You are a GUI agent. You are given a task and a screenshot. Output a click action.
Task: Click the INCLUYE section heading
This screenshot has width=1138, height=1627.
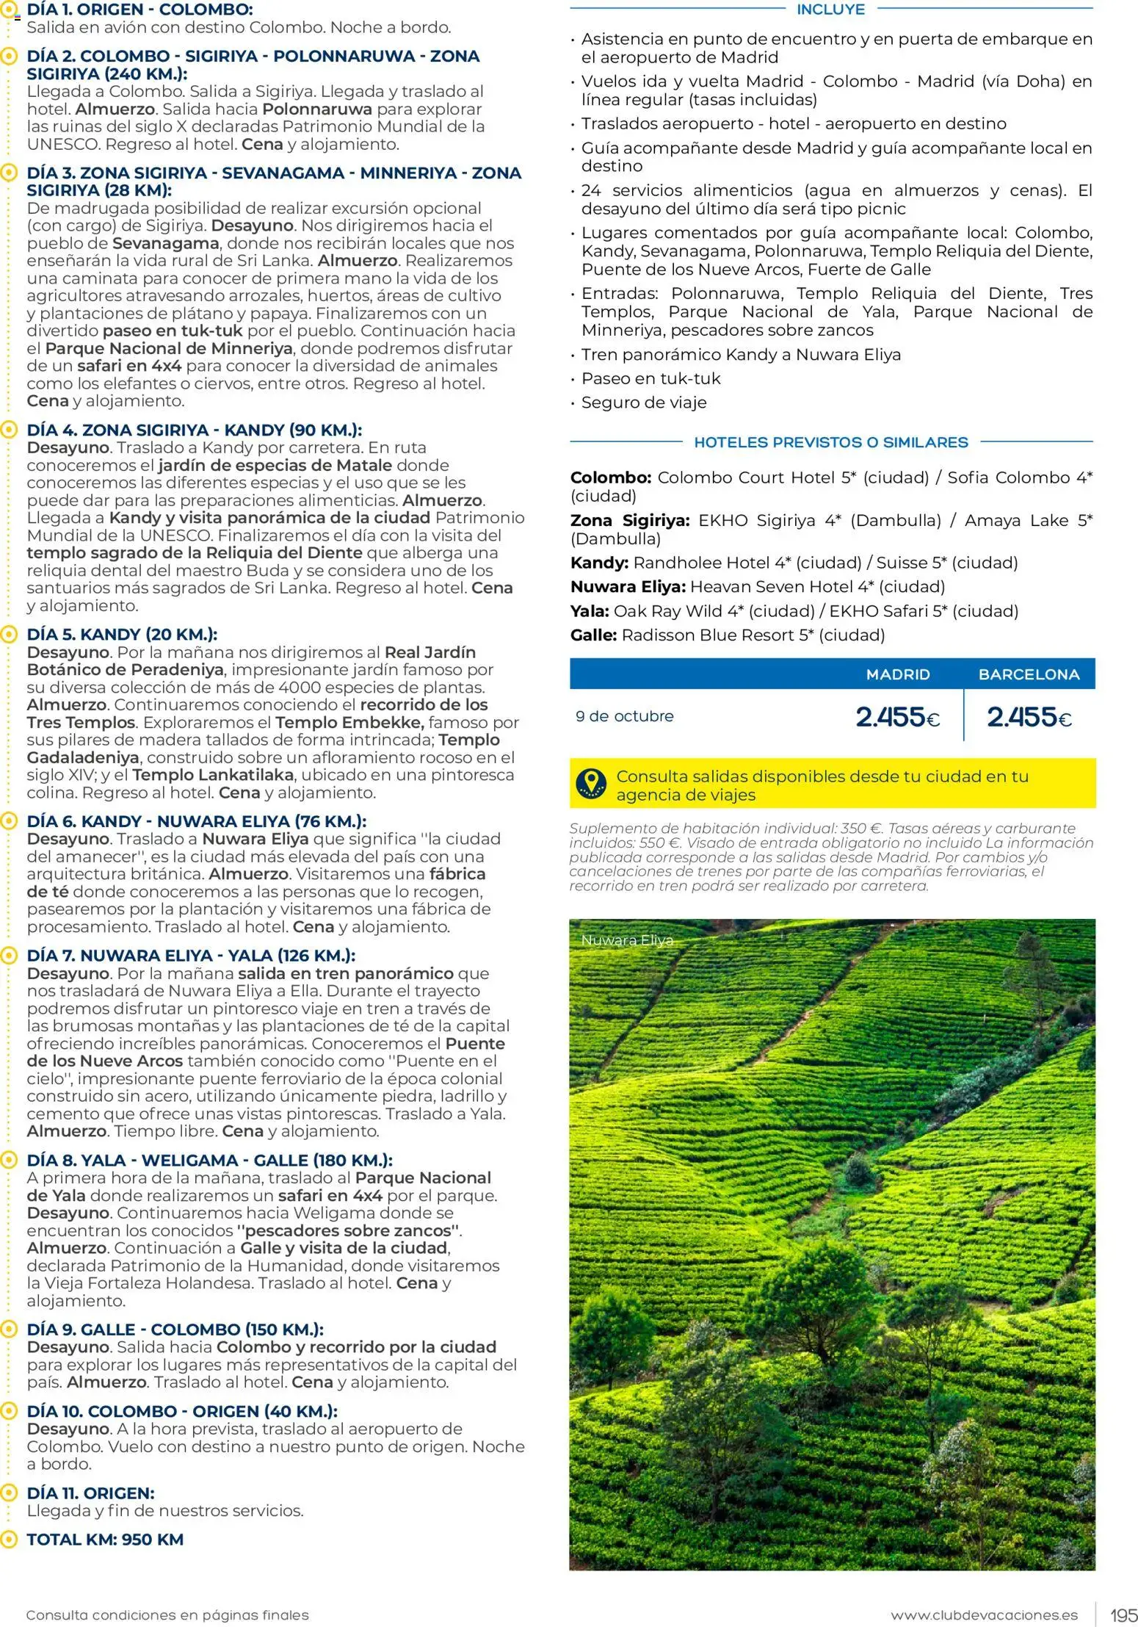click(830, 10)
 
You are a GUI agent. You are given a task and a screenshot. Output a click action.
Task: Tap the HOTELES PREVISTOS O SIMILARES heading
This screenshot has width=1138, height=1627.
click(830, 442)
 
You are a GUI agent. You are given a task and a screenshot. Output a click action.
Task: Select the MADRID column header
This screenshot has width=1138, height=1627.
click(897, 674)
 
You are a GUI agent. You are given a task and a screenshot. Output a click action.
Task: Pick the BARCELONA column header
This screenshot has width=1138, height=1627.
click(1029, 674)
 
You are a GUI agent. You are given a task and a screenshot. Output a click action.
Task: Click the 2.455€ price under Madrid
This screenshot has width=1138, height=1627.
click(897, 717)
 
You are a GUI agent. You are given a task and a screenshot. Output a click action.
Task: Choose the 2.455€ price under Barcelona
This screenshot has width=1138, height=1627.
click(1029, 717)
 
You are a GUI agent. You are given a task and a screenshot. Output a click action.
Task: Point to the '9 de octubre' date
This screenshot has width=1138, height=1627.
click(624, 716)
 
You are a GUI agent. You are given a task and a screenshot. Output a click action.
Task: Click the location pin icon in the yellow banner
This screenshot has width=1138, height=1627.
click(591, 784)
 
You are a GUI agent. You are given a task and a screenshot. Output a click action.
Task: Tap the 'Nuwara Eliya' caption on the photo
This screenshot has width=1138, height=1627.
click(626, 940)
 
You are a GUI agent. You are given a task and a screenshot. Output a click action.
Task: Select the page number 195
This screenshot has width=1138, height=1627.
click(1123, 1615)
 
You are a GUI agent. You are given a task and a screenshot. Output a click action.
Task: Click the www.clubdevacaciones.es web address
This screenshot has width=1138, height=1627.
click(984, 1615)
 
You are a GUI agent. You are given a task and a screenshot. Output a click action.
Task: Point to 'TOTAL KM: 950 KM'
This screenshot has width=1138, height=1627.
click(105, 1540)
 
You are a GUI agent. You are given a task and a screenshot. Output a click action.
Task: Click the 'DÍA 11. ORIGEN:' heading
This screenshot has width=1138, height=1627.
click(90, 1493)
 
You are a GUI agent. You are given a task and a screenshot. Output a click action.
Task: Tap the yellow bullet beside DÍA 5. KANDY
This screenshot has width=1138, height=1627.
click(9, 634)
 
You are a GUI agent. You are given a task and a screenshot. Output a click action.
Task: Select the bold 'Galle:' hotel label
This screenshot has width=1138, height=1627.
click(593, 635)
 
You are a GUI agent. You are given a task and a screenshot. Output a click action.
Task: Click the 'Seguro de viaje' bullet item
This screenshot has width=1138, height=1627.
click(643, 403)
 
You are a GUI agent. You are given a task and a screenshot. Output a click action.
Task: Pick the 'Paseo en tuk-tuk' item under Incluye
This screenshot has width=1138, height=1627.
click(650, 378)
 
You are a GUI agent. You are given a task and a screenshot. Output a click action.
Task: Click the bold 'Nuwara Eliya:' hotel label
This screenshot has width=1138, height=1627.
click(628, 587)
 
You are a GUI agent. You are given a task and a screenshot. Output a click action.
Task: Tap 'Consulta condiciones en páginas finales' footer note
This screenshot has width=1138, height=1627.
click(167, 1615)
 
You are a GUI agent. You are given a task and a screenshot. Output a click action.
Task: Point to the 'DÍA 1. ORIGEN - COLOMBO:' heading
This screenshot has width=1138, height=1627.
click(139, 10)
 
